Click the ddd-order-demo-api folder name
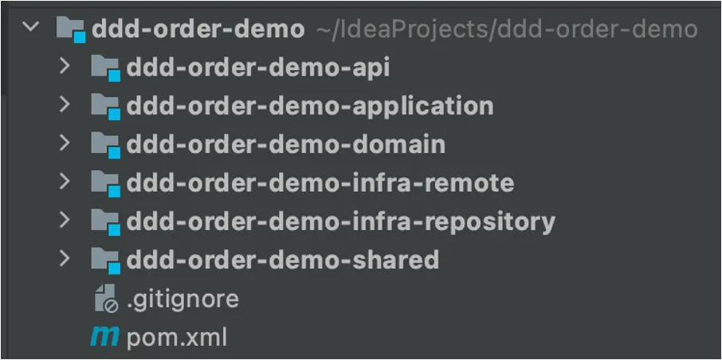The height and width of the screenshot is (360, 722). coord(257,68)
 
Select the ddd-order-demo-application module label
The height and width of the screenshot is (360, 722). coord(309,106)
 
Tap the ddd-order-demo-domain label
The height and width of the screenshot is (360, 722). coord(285,144)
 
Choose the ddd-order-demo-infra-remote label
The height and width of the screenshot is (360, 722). coord(320,182)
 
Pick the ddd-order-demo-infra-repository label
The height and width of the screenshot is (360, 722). coord(340,221)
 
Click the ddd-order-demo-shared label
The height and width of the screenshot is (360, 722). coord(282,259)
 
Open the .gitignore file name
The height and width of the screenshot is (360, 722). coord(182,299)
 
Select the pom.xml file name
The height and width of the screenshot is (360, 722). coord(177,337)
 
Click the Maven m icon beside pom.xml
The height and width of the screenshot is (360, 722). coord(104,337)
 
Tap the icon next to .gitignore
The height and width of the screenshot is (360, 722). coord(105,299)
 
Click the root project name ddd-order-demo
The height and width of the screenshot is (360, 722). coord(198,29)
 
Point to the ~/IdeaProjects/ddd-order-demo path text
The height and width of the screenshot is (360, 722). coord(507,29)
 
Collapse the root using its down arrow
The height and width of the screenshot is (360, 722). coord(31,28)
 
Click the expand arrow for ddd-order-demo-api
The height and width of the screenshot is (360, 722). coord(65,67)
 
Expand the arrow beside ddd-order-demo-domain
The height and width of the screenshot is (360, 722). coord(65,143)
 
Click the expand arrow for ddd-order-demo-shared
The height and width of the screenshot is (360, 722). coord(65,258)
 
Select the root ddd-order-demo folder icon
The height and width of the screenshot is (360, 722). coord(71,30)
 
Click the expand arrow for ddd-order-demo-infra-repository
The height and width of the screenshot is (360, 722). coord(65,220)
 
